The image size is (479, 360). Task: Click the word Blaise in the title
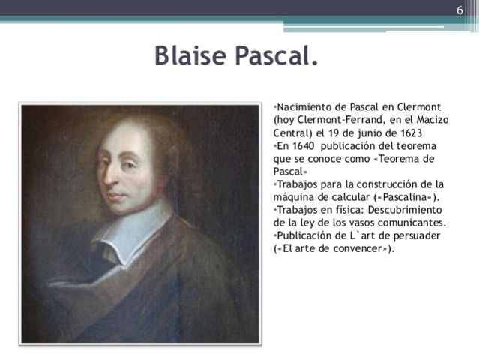(190, 55)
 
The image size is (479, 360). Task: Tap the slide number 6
(460, 10)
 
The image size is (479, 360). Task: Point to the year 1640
(303, 146)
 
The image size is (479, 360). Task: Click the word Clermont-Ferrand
(339, 120)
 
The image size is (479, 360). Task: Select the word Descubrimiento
(405, 210)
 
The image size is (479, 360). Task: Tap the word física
(352, 210)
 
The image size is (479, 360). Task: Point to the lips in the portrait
(115, 196)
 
